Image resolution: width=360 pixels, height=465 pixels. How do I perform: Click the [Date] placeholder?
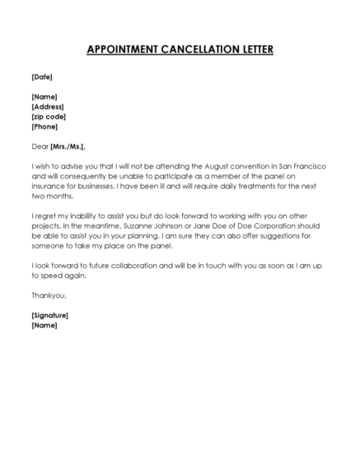click(42, 77)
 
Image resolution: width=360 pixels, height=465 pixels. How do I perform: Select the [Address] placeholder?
click(48, 107)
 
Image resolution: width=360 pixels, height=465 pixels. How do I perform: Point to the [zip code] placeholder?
click(49, 117)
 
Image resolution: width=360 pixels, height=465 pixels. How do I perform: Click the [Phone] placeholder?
click(45, 127)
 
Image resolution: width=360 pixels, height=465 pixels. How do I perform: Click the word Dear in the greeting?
click(40, 146)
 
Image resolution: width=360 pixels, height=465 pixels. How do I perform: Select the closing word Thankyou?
click(48, 295)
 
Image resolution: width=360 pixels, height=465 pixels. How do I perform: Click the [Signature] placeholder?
click(49, 315)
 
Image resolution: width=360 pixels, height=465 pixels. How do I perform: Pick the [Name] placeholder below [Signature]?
click(44, 325)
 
